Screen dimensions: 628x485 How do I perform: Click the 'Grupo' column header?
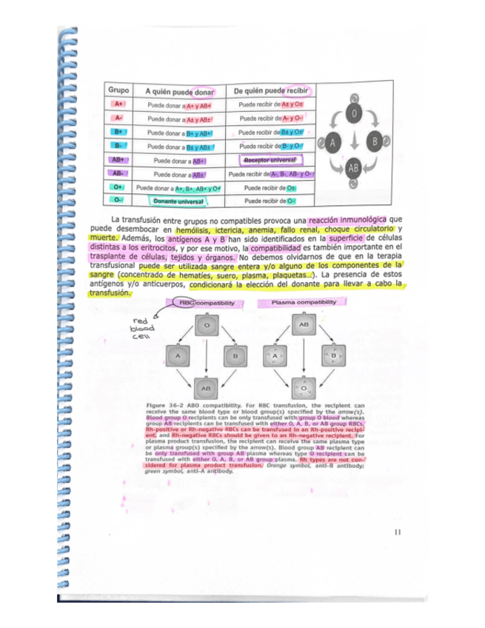tap(119, 90)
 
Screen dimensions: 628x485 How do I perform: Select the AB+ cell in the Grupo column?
tap(118, 159)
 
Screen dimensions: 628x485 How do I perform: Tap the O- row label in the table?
tap(118, 199)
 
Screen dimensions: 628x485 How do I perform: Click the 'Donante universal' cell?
tap(177, 201)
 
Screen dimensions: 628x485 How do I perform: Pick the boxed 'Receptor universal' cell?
tap(270, 160)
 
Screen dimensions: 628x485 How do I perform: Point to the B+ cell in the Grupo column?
tap(118, 132)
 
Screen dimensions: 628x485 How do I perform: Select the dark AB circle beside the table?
tap(353, 167)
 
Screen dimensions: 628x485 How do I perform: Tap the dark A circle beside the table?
tap(332, 141)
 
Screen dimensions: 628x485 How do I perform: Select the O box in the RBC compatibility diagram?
tap(207, 325)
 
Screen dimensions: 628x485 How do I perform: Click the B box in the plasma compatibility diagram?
tap(335, 356)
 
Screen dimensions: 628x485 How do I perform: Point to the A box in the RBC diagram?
tap(177, 356)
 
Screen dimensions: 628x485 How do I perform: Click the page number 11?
tap(398, 530)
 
